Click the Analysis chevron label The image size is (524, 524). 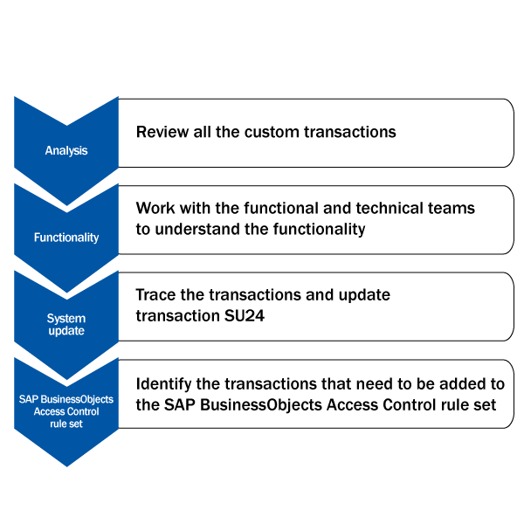tap(66, 151)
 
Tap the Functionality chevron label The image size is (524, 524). tap(66, 238)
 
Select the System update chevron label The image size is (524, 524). tap(66, 324)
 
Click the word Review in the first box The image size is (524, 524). tap(162, 132)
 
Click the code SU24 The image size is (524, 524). tap(245, 315)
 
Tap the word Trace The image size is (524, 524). tap(155, 295)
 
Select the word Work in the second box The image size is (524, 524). tap(155, 208)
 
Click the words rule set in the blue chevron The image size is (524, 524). tap(66, 424)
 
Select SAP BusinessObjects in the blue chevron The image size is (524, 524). tap(66, 399)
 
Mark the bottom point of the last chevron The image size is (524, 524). tap(67, 466)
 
